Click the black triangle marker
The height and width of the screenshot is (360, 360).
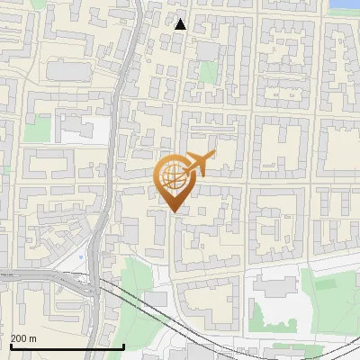click(181, 24)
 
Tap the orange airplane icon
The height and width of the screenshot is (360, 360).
click(199, 164)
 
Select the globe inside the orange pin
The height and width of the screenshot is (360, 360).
click(173, 177)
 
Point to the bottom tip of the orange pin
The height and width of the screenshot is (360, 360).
click(174, 211)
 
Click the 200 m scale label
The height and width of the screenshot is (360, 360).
click(23, 338)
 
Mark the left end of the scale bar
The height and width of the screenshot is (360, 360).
click(11, 347)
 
